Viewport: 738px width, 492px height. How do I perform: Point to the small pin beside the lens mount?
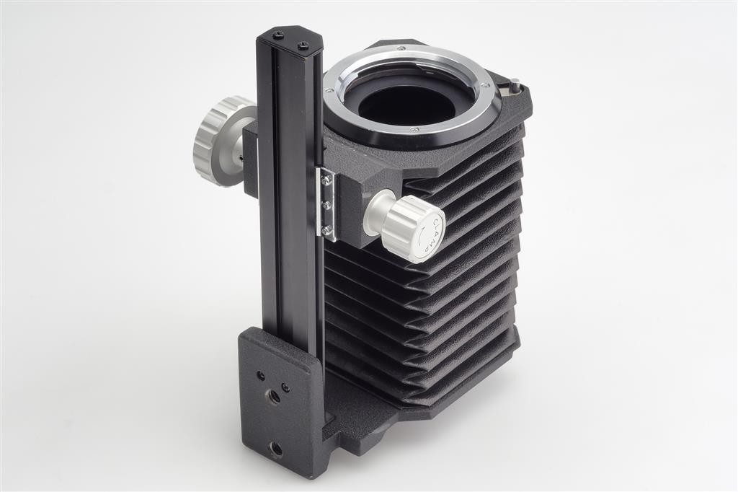click(517, 84)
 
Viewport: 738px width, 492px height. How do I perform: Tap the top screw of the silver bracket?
click(325, 179)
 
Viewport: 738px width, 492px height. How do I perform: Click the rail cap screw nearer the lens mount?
click(303, 45)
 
